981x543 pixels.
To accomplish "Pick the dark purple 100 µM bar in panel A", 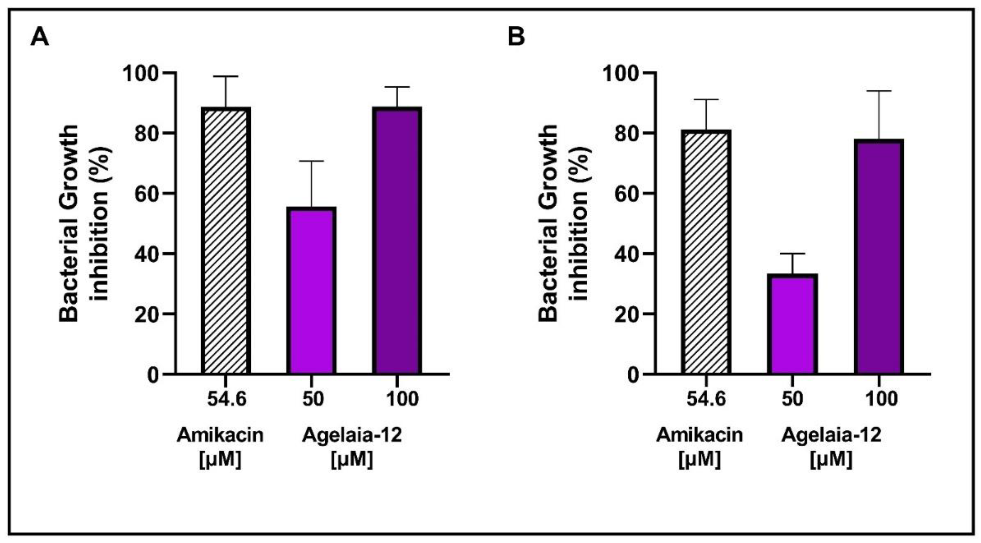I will (397, 240).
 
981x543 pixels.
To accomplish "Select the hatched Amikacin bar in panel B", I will (706, 252).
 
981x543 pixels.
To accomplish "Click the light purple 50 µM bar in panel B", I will (792, 324).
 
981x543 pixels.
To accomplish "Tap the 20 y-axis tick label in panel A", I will (146, 314).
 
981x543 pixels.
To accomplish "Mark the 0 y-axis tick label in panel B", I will (632, 375).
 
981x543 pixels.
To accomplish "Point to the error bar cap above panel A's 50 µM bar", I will (311, 161).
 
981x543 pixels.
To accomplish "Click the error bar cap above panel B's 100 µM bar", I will (879, 91).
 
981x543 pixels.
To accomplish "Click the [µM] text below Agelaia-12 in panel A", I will (352, 459).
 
